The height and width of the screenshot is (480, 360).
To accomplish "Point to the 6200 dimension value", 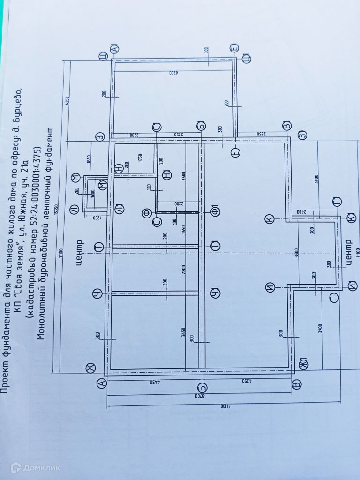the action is pyautogui.click(x=173, y=74).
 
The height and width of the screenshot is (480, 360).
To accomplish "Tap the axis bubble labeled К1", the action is pyautogui.click(x=349, y=218).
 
